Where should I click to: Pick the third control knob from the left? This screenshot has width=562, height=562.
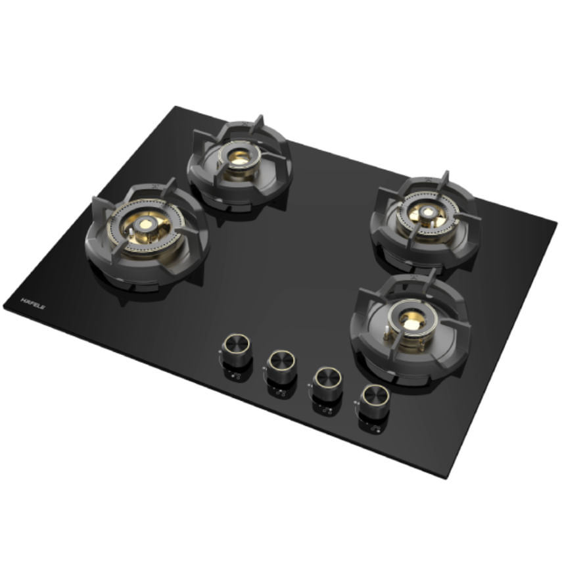[x=327, y=379]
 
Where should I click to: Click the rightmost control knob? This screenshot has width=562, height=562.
[x=373, y=398]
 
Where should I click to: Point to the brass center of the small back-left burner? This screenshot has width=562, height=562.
[x=239, y=157]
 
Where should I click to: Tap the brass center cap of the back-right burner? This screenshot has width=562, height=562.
[x=427, y=212]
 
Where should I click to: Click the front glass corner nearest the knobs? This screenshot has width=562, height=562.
[x=446, y=477]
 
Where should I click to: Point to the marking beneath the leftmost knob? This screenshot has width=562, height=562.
[x=231, y=375]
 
